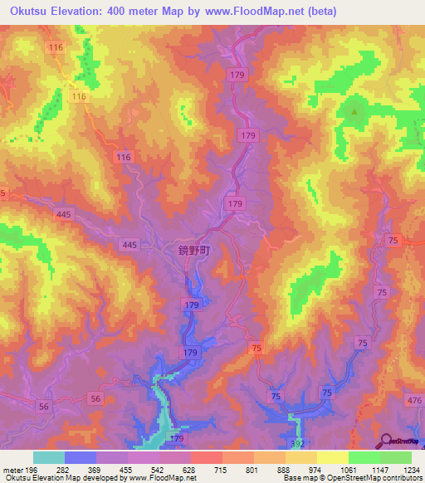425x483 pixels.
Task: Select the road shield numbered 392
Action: pyautogui.click(x=298, y=444)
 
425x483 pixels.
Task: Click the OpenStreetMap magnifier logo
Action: pyautogui.click(x=388, y=440)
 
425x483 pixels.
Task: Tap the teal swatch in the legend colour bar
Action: pyautogui.click(x=49, y=457)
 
